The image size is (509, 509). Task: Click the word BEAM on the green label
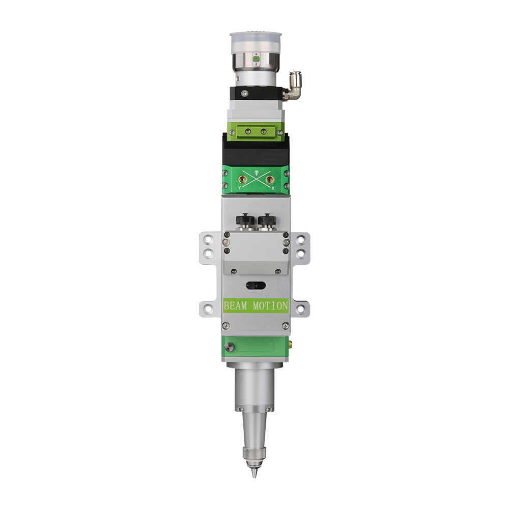click(235, 306)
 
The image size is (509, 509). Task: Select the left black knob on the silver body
click(244, 221)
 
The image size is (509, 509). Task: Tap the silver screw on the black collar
click(244, 93)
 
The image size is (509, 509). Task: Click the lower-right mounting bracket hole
click(301, 307)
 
